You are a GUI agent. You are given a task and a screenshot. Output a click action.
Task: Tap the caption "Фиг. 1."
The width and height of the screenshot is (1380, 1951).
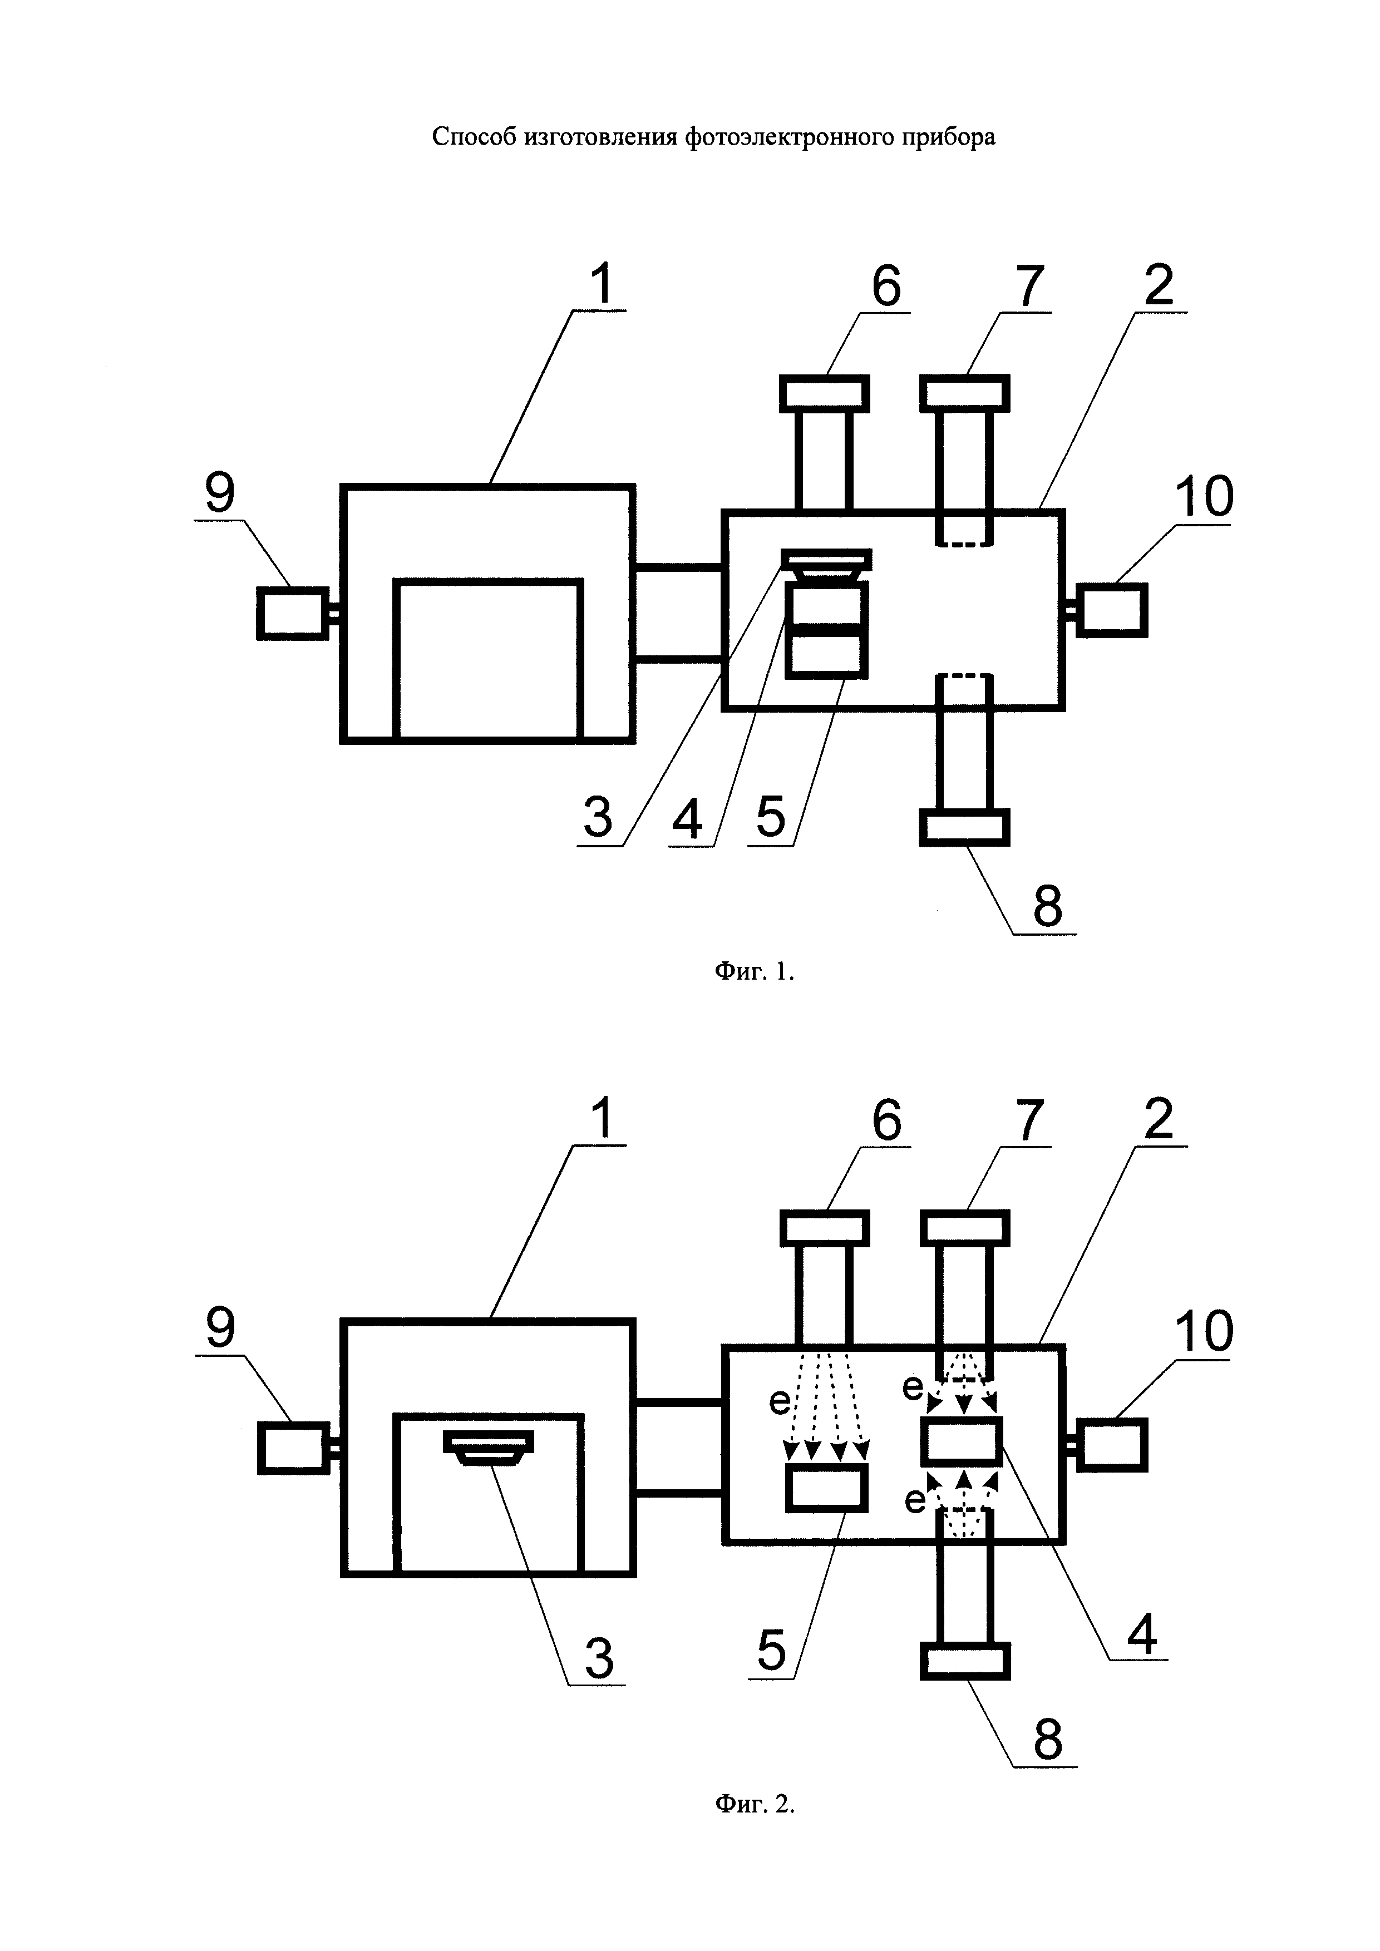pos(755,971)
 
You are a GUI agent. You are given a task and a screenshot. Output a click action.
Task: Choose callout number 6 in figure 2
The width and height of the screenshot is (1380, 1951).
pos(885,1120)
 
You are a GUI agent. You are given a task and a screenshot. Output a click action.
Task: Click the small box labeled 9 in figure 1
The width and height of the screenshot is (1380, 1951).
pos(292,612)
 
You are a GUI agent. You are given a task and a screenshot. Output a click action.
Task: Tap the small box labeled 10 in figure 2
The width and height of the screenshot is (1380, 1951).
pos(1111,1445)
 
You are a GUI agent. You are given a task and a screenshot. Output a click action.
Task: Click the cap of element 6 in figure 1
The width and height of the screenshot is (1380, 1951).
pos(824,393)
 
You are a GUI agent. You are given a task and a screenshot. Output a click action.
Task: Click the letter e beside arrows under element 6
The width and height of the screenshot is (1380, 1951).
pos(779,1401)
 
